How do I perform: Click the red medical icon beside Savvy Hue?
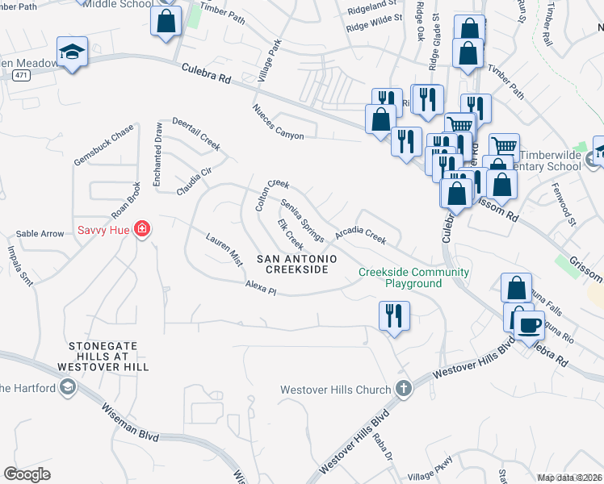point(142,229)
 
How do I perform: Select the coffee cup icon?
point(529,325)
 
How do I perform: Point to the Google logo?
point(27,474)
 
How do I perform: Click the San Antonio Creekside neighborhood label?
point(292,264)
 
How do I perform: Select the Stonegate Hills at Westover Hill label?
point(103,356)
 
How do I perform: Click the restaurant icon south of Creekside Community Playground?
point(394,315)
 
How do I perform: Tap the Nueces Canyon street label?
point(278,122)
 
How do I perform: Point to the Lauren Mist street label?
point(224,250)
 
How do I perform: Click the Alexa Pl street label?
point(261,289)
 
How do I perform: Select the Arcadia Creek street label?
point(361,235)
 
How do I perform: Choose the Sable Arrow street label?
point(40,234)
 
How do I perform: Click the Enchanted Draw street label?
point(158,152)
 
